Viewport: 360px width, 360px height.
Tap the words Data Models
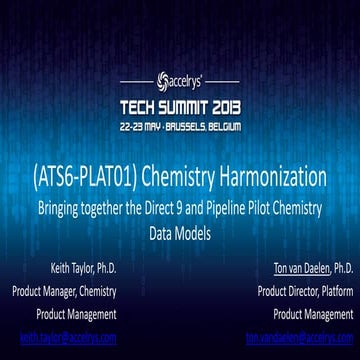(181, 228)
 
